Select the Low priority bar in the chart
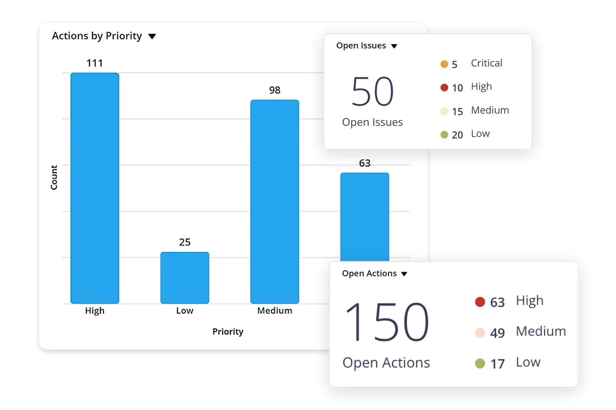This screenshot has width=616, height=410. point(185,278)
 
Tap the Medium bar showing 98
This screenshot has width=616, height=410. point(274,201)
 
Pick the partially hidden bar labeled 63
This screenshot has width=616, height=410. point(365,217)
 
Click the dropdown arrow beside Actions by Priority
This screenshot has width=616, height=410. point(152,37)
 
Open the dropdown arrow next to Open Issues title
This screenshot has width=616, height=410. point(394,46)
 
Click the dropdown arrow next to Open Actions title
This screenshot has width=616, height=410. point(404,274)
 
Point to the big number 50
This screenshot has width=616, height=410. point(372,91)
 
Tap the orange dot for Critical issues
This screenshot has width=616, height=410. point(444,64)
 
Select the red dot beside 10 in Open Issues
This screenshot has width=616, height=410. point(444,88)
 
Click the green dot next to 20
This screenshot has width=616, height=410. point(444,135)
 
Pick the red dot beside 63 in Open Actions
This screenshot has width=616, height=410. point(480,302)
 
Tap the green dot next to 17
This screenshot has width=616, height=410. point(480,363)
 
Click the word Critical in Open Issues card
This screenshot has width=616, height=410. point(487,63)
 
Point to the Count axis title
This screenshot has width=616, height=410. point(54,177)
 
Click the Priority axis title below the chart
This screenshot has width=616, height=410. point(228,332)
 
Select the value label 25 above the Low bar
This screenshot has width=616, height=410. point(185,242)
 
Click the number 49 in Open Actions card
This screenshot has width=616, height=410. point(497,333)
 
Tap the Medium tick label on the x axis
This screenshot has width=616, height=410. point(274,311)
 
